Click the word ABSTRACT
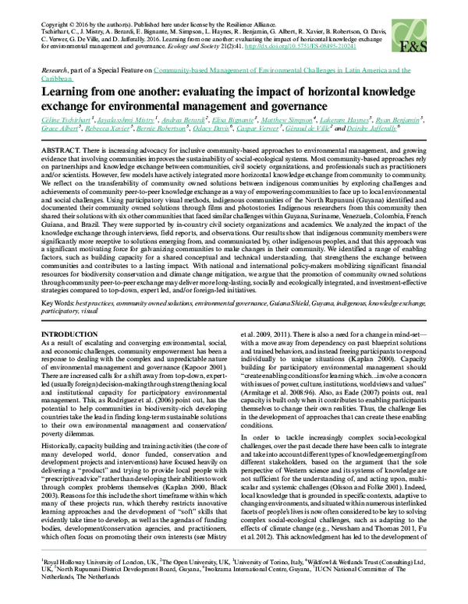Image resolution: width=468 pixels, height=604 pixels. [x=63, y=148]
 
